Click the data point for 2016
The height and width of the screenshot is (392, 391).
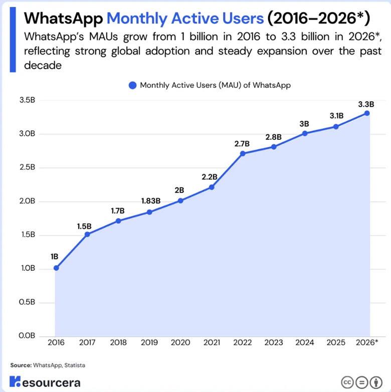pyautogui.click(x=56, y=268)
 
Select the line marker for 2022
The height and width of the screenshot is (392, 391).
pyautogui.click(x=243, y=153)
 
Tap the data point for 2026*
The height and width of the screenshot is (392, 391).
pyautogui.click(x=367, y=113)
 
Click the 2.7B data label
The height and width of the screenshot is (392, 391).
pyautogui.click(x=243, y=143)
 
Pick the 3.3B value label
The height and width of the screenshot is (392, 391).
pyautogui.click(x=366, y=104)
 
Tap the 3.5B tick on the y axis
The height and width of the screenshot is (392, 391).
pyautogui.click(x=27, y=100)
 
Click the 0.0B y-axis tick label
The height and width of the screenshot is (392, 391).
pyautogui.click(x=27, y=335)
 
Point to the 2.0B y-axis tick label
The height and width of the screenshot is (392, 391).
pyautogui.click(x=27, y=201)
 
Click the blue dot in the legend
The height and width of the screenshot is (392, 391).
pyautogui.click(x=132, y=85)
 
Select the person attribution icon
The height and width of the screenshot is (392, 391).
pyautogui.click(x=375, y=382)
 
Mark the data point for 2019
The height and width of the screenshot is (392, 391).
pyautogui.click(x=149, y=212)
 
